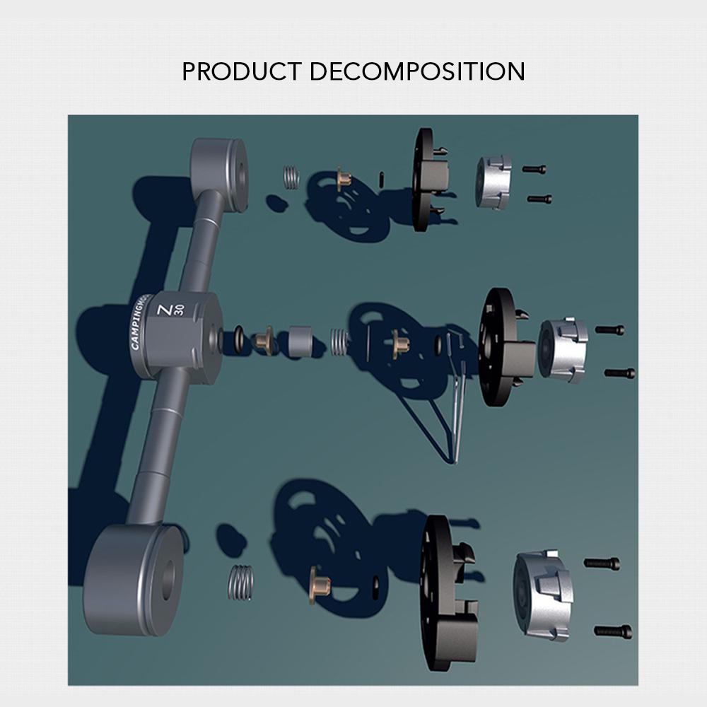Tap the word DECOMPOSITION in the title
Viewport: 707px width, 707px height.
click(x=416, y=71)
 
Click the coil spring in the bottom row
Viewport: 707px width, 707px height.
click(x=241, y=583)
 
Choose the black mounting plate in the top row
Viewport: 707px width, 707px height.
click(x=428, y=180)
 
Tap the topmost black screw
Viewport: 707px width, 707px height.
click(x=534, y=170)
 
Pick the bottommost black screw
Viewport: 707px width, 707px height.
click(x=613, y=630)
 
